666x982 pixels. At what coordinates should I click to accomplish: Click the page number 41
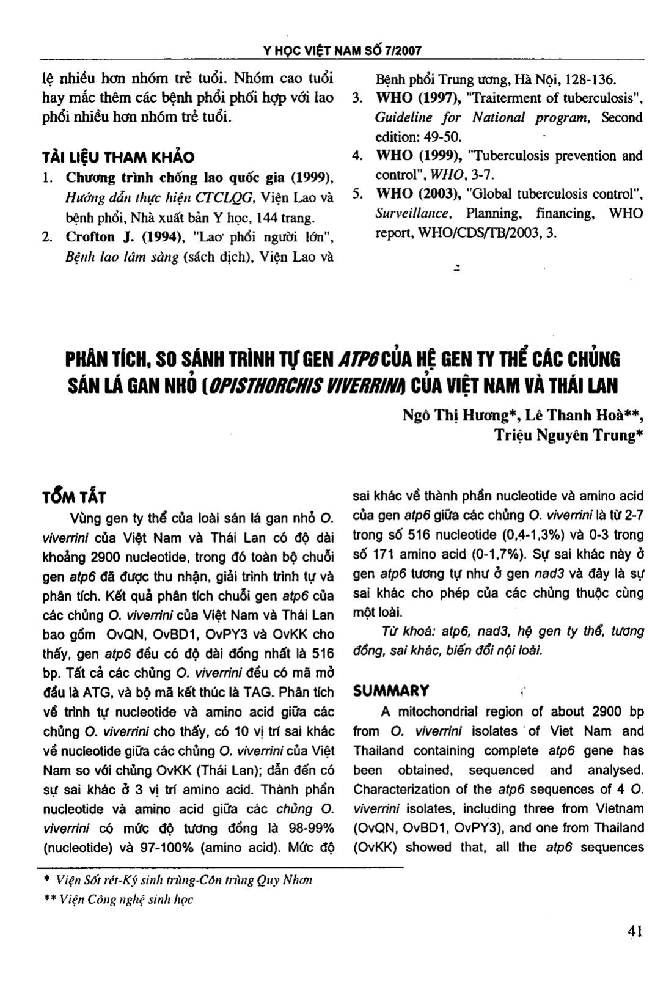(634, 931)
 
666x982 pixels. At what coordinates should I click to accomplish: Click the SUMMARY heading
(391, 691)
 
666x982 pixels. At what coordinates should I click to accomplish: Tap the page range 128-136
(591, 79)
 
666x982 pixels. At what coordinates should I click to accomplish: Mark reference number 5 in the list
(358, 194)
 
